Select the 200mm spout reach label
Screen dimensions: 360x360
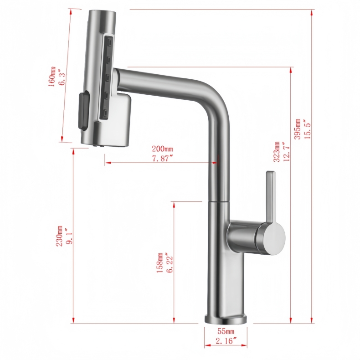click(162, 149)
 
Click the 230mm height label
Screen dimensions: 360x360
click(60, 237)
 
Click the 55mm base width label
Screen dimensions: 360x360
click(226, 331)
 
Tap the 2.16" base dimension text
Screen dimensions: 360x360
click(226, 341)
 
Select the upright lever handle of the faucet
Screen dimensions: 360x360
click(271, 196)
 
